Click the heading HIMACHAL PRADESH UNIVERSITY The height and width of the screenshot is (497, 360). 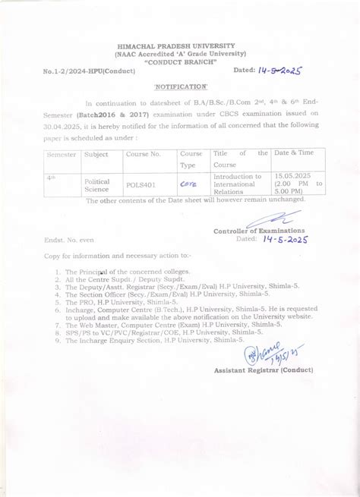181,46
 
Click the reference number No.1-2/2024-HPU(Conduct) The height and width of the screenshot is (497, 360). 90,71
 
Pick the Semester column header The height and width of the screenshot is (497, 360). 62,154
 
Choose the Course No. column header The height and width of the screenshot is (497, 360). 144,154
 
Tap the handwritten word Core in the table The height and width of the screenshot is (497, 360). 188,183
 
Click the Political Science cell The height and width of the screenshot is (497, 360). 97,185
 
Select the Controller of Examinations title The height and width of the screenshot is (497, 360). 259,230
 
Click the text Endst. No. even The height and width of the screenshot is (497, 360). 68,241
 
